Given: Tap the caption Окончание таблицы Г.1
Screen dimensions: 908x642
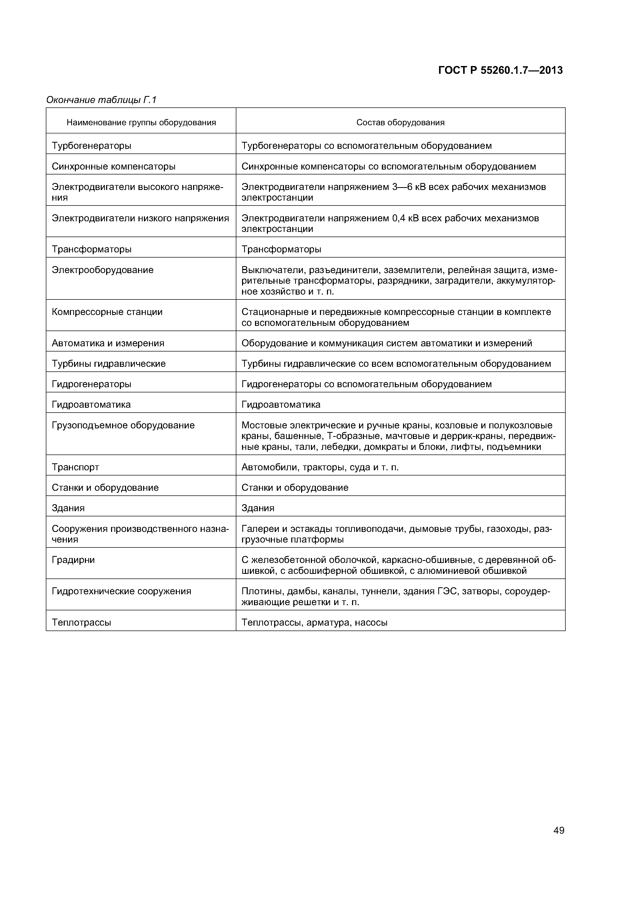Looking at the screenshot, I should point(101,100).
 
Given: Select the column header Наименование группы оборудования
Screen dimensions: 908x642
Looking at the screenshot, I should point(141,123).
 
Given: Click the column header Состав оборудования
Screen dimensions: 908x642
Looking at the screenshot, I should point(400,123).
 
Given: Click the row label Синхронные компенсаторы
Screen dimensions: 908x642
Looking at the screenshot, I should point(114,166).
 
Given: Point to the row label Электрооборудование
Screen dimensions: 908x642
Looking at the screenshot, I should point(103,270).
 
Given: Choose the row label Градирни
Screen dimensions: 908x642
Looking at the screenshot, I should point(73,560).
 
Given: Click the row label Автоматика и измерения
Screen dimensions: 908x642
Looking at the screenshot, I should point(108,343).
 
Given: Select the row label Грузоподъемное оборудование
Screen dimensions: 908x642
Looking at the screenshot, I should point(123,426).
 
